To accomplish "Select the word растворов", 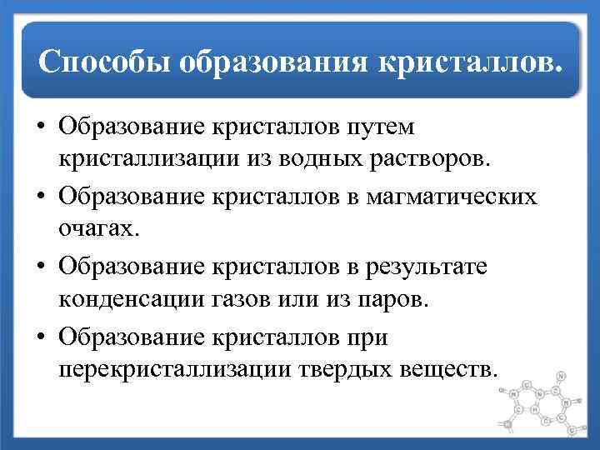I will coord(422,158).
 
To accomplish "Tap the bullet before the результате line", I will coord(40,267).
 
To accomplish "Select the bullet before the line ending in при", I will coord(40,337).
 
